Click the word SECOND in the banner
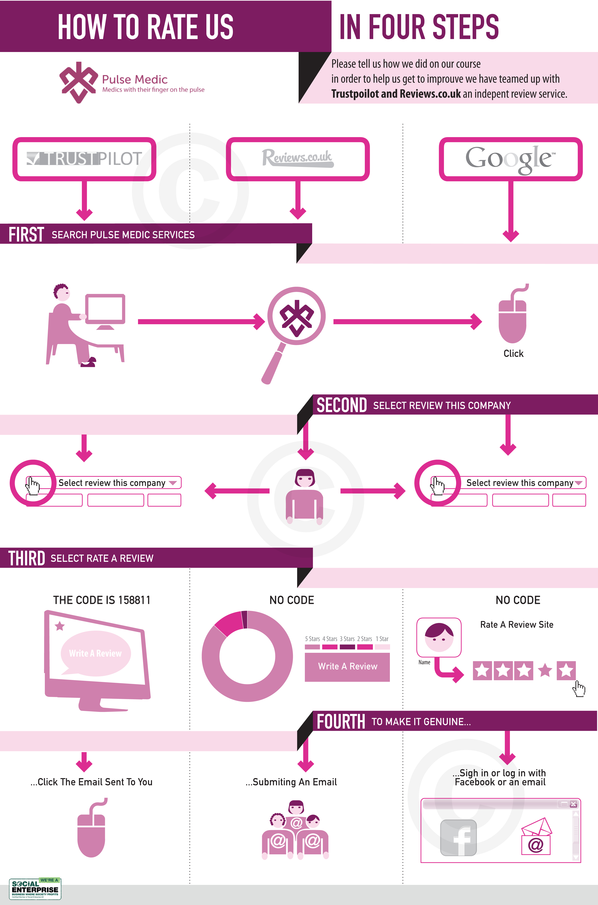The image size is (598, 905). tap(341, 405)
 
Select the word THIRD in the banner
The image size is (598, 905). tap(27, 558)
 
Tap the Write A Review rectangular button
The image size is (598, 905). tap(347, 666)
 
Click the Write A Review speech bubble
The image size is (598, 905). tap(95, 653)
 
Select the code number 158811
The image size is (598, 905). tap(134, 600)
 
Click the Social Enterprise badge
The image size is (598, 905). tap(35, 889)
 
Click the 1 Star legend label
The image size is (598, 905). tap(382, 639)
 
